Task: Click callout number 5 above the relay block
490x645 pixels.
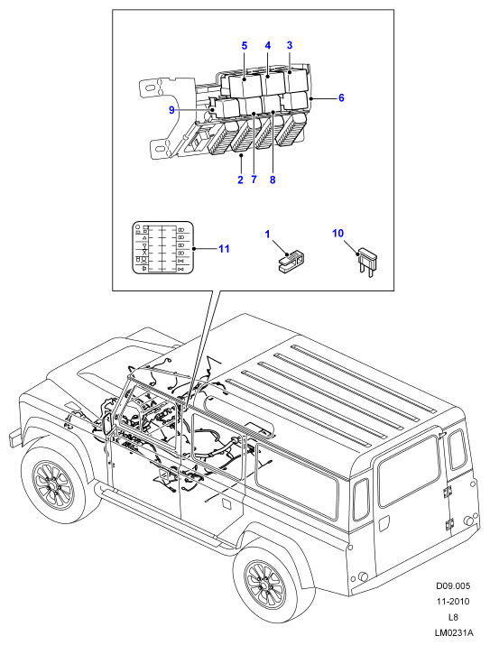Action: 245,46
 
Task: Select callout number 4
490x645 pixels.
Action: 268,45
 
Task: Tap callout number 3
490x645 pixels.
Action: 290,45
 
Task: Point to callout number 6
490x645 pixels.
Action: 341,98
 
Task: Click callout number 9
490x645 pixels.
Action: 172,110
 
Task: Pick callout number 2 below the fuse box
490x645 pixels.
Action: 240,180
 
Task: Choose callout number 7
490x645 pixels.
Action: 254,180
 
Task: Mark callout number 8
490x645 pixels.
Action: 273,180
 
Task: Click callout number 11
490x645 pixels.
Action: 224,249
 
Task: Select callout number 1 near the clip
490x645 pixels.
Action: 267,235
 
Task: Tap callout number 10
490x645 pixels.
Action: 337,234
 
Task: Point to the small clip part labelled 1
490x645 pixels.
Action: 292,261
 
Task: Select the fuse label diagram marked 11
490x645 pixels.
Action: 163,247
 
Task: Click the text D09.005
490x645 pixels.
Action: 453,585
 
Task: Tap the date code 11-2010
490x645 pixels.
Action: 453,602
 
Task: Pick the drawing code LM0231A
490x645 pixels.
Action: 453,632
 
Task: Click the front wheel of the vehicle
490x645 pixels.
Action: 53,482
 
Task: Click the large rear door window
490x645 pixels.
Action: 409,471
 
